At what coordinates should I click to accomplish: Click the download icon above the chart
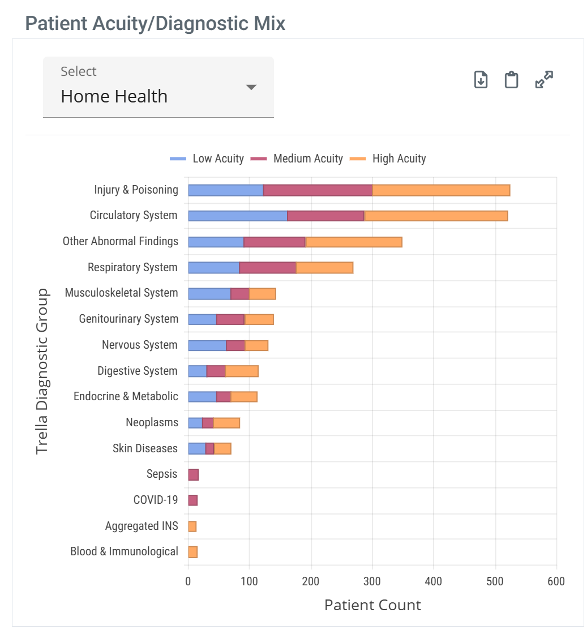click(x=481, y=80)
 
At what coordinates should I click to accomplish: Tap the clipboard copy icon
click(x=511, y=80)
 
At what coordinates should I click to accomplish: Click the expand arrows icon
click(x=544, y=80)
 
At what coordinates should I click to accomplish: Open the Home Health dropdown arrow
click(x=251, y=87)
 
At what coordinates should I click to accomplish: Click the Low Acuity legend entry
click(x=207, y=158)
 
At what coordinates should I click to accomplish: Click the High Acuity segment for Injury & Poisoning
click(x=441, y=190)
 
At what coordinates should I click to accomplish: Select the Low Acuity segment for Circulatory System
click(x=237, y=216)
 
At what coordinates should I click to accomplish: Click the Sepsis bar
click(x=193, y=474)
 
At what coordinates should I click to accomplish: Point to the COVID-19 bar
click(x=192, y=500)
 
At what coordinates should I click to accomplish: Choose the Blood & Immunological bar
click(x=192, y=552)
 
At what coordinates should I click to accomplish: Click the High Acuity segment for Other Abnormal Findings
click(x=354, y=242)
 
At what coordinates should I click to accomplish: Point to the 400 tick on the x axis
click(x=434, y=581)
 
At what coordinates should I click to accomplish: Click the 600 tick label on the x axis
click(x=556, y=581)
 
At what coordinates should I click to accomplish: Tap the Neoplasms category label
click(x=152, y=422)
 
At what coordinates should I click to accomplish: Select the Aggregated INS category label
click(x=142, y=526)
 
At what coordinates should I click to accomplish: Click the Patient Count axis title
click(x=372, y=605)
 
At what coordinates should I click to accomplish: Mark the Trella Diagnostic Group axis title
click(x=42, y=371)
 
